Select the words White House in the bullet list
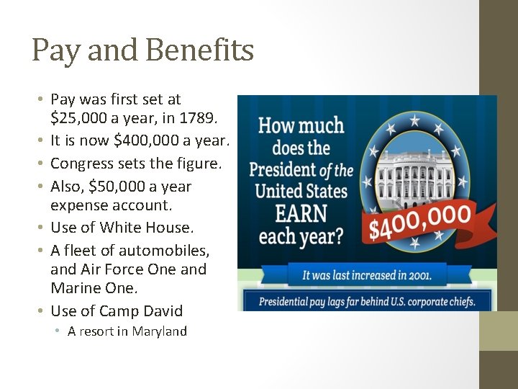click(147, 228)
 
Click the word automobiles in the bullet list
click(164, 251)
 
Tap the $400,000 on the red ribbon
click(422, 223)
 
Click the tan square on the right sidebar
click(499, 331)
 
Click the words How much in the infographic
click(301, 125)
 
